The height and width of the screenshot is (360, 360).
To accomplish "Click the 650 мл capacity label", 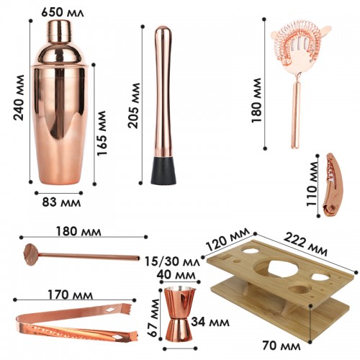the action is (x=63, y=12).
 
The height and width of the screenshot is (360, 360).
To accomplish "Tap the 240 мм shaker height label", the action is (x=19, y=97).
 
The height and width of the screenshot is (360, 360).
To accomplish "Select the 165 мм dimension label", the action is (x=102, y=133).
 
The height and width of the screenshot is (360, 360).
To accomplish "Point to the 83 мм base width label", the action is (x=61, y=202).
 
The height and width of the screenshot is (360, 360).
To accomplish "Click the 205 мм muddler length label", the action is (x=133, y=105).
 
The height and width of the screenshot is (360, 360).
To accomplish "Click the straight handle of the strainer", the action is (x=295, y=114).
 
